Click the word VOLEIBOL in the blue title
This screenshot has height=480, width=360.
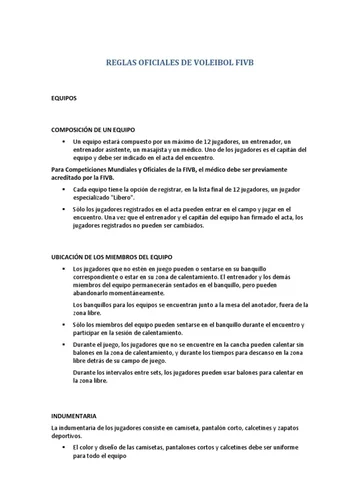(221, 62)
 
